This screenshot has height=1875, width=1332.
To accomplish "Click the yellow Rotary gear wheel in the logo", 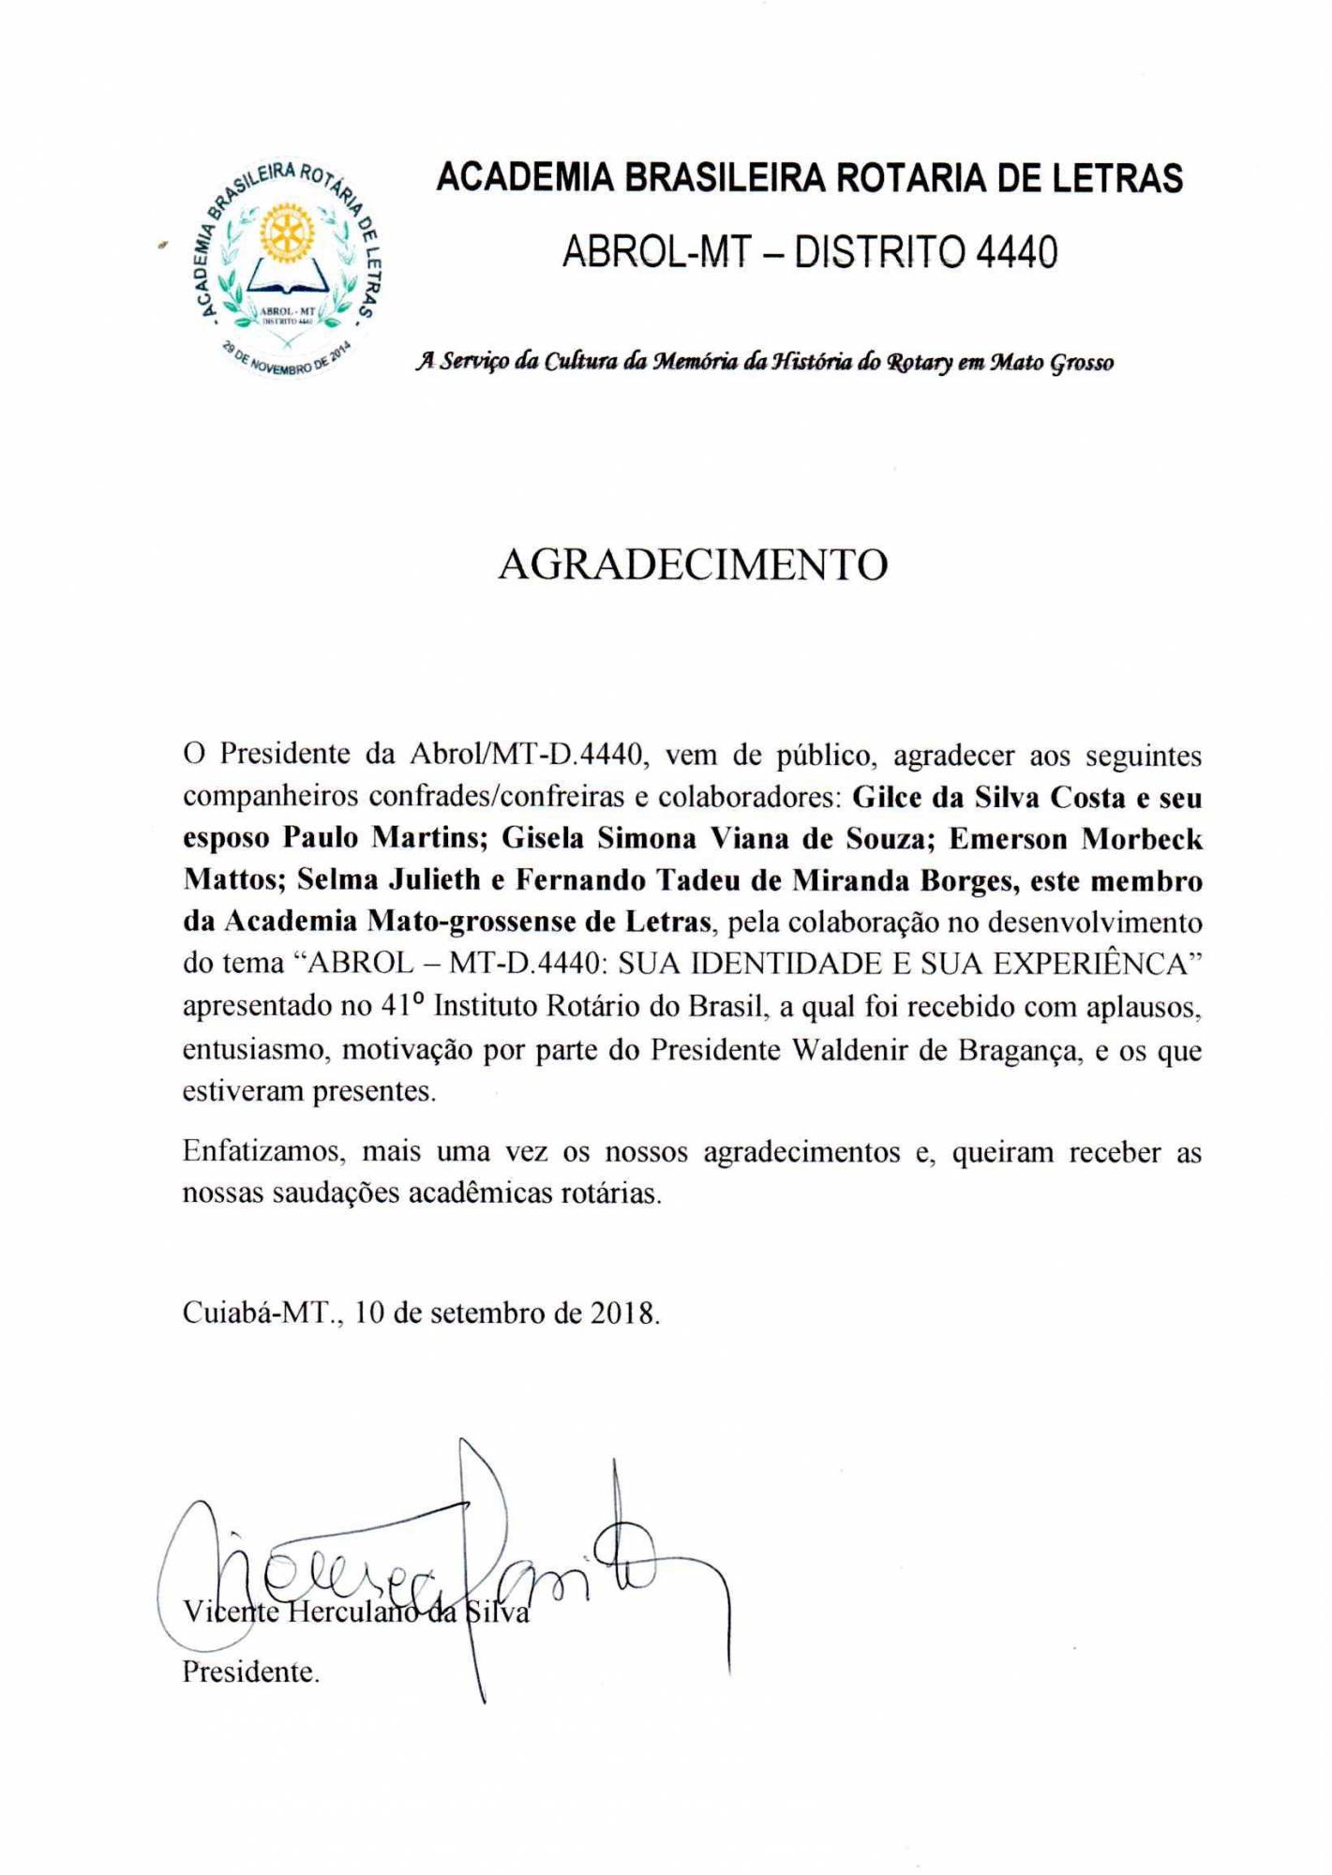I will [x=287, y=232].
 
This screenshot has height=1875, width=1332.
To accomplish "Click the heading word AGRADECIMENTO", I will [x=693, y=564].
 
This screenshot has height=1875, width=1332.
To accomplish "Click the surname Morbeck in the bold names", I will [x=1142, y=839].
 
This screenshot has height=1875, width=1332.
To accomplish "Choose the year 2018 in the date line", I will [x=622, y=1312].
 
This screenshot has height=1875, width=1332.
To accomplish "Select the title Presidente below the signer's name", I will [x=249, y=1672].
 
